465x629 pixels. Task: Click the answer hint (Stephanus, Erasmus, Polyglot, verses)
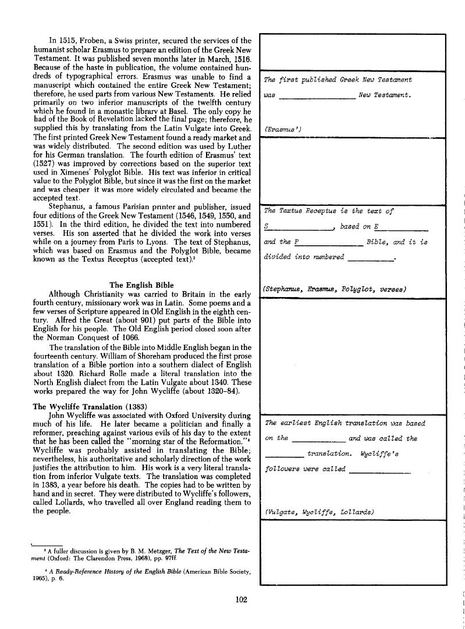point(334,289)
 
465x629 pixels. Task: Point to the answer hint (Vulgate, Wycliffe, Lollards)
point(318,512)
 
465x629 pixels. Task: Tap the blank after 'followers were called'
point(382,471)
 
